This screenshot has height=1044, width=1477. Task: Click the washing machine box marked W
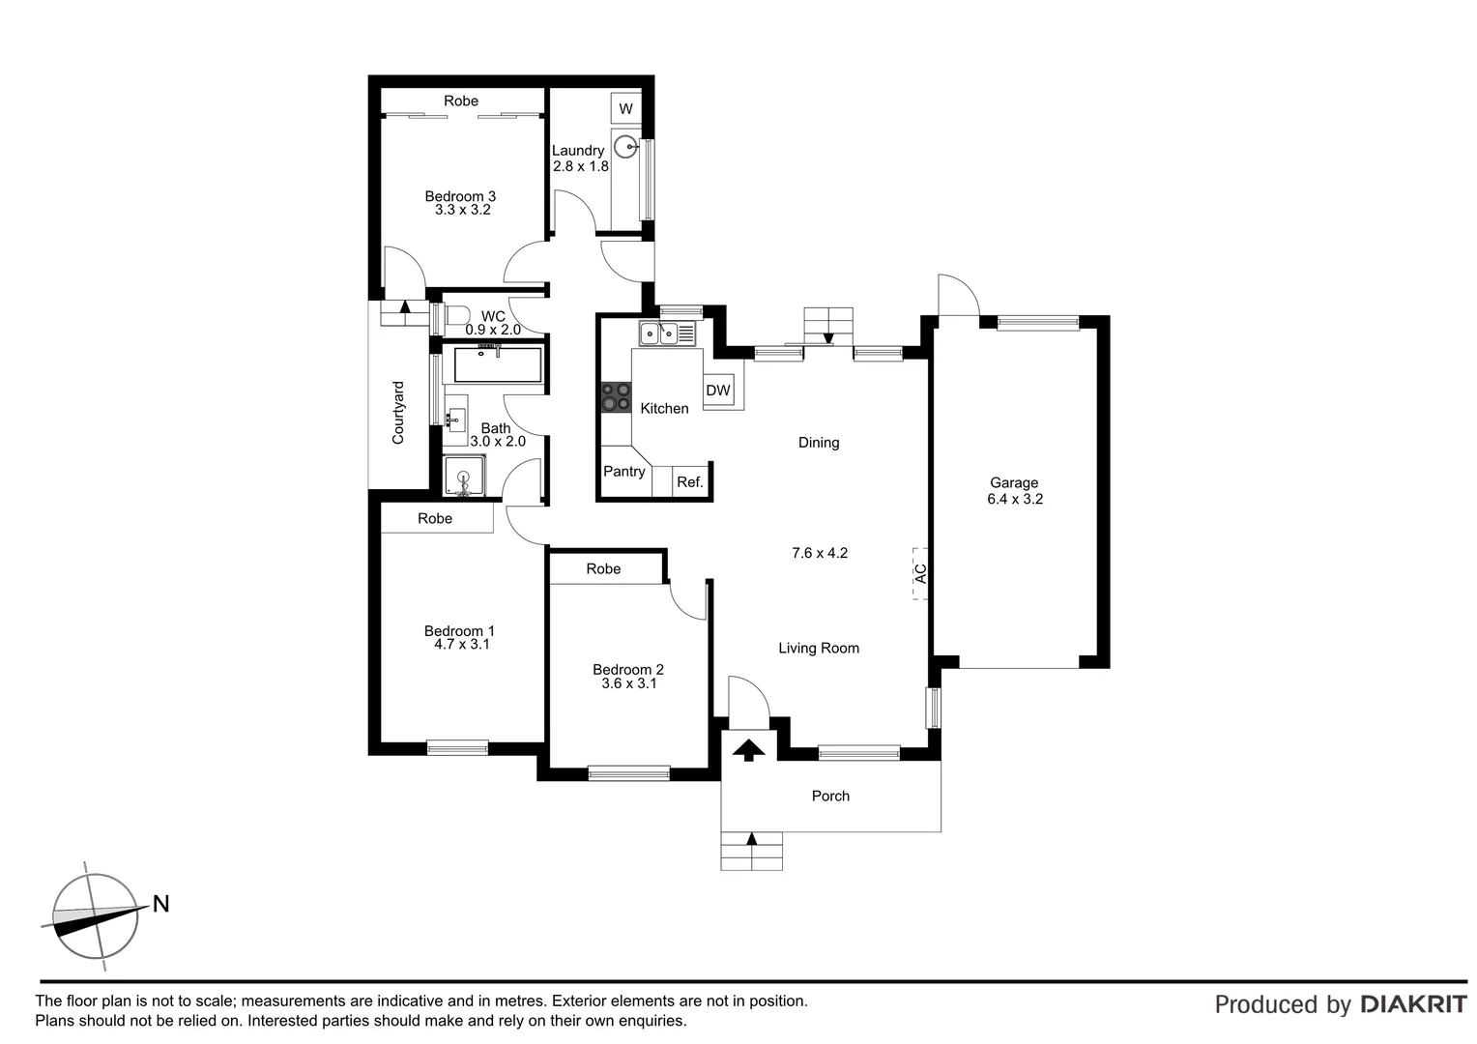pos(625,108)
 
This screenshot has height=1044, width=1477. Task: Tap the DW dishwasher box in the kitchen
pos(718,391)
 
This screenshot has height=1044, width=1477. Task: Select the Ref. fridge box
pos(689,481)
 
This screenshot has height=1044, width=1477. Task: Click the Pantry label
pos(624,472)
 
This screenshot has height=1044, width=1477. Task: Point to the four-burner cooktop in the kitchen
pos(615,397)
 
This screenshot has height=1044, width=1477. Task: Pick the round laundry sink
pos(628,147)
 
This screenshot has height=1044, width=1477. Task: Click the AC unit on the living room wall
pos(920,573)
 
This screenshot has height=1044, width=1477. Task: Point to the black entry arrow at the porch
pos(747,749)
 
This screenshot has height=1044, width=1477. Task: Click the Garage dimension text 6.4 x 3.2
pos(1014,500)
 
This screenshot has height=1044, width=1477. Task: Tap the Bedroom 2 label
pos(628,669)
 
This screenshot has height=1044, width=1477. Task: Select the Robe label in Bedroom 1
pos(435,519)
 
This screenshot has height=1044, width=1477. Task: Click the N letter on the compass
pos(161,904)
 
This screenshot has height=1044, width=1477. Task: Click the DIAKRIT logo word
pos(1413,1004)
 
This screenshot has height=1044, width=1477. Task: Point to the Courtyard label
pos(398,413)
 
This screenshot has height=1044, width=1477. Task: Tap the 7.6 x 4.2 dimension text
pos(819,553)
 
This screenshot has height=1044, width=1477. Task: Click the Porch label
pos(830,796)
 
